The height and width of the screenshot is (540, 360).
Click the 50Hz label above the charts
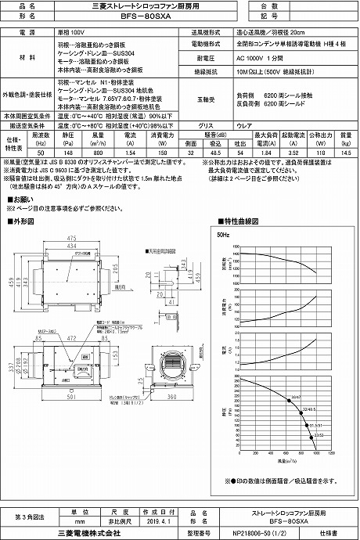pyautogui.click(x=222, y=234)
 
